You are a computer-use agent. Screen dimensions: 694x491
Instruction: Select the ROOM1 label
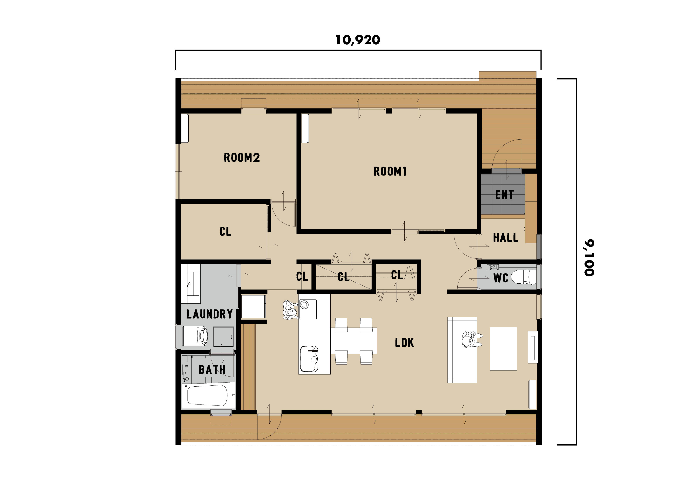pos(390,171)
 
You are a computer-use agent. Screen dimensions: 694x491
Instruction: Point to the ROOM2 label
pos(242,157)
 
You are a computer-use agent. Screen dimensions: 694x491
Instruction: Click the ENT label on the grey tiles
pos(504,195)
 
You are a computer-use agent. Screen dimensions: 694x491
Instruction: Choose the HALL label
pos(506,238)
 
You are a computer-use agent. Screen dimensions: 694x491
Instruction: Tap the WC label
pos(501,278)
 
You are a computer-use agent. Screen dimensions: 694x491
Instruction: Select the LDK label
pos(404,342)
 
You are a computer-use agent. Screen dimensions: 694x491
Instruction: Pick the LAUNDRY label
pos(209,314)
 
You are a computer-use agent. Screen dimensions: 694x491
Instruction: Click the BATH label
pos(212,370)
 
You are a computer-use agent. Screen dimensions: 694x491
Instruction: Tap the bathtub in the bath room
pos(207,395)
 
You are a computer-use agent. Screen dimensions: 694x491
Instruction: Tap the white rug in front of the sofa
pos(503,349)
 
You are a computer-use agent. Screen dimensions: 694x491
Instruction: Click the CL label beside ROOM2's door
pos(225,232)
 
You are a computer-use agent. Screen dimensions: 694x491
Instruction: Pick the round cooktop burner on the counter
pos(304,304)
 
